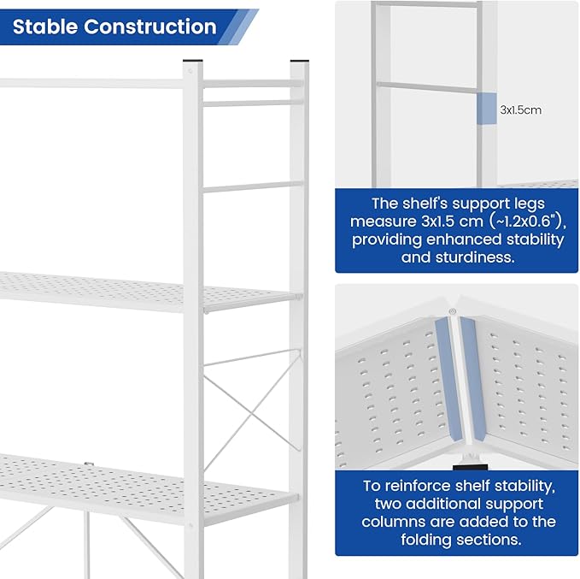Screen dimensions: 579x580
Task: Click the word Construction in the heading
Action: pyautogui.click(x=149, y=27)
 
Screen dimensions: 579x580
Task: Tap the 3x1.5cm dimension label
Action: pyautogui.click(x=520, y=109)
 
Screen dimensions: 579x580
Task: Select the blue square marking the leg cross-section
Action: pyautogui.click(x=485, y=109)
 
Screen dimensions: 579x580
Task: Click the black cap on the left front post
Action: pyautogui.click(x=193, y=62)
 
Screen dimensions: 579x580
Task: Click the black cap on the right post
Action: pyautogui.click(x=299, y=62)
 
